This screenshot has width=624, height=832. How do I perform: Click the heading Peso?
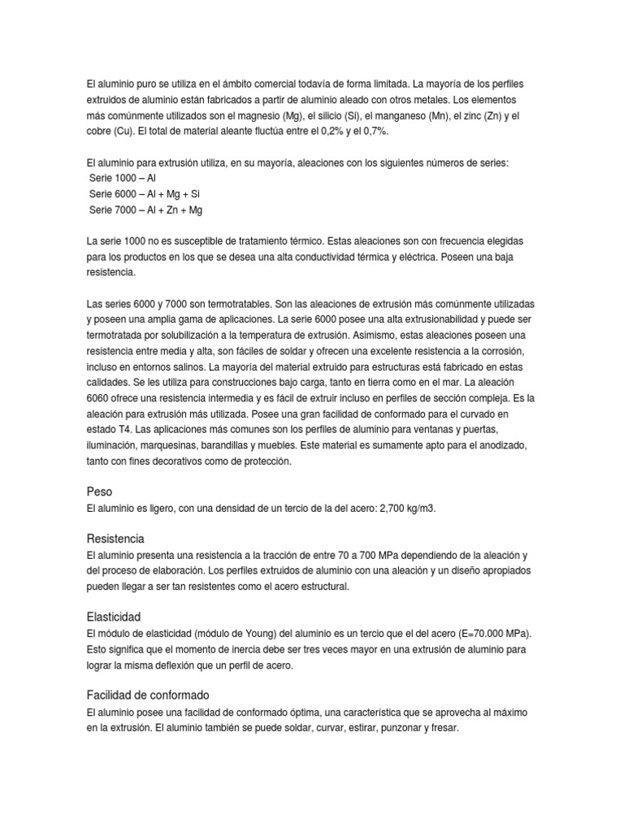click(99, 492)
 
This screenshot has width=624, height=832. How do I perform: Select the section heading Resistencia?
click(115, 539)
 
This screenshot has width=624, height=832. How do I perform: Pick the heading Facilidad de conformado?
click(148, 695)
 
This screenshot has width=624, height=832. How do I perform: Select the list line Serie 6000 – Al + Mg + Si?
click(144, 194)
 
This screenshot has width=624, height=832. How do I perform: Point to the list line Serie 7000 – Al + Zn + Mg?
click(145, 210)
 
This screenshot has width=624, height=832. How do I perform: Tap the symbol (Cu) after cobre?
click(125, 132)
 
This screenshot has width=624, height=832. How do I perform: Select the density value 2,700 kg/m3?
click(401, 509)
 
